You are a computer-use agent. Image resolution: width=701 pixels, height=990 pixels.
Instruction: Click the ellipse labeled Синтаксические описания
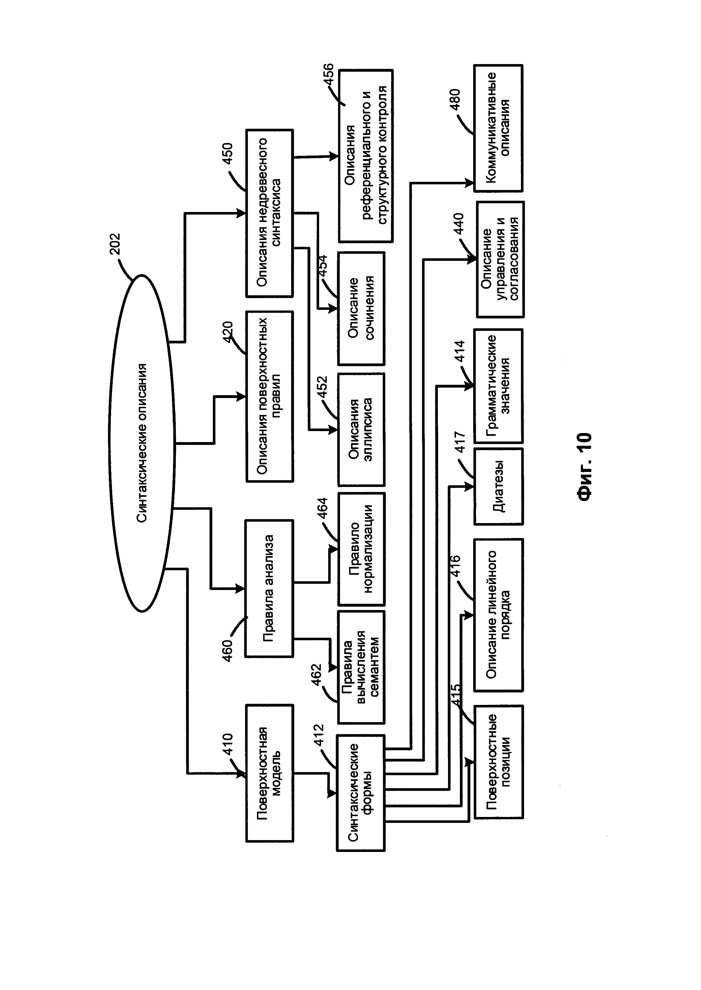142,443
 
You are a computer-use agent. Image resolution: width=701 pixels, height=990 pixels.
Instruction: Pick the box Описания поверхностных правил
269,396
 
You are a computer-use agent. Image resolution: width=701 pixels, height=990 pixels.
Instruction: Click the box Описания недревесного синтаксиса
269,213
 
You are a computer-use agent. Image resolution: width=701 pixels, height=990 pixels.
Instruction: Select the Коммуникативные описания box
499,128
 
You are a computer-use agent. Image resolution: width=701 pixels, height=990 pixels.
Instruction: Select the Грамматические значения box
499,386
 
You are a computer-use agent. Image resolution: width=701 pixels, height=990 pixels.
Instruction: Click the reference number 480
455,100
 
